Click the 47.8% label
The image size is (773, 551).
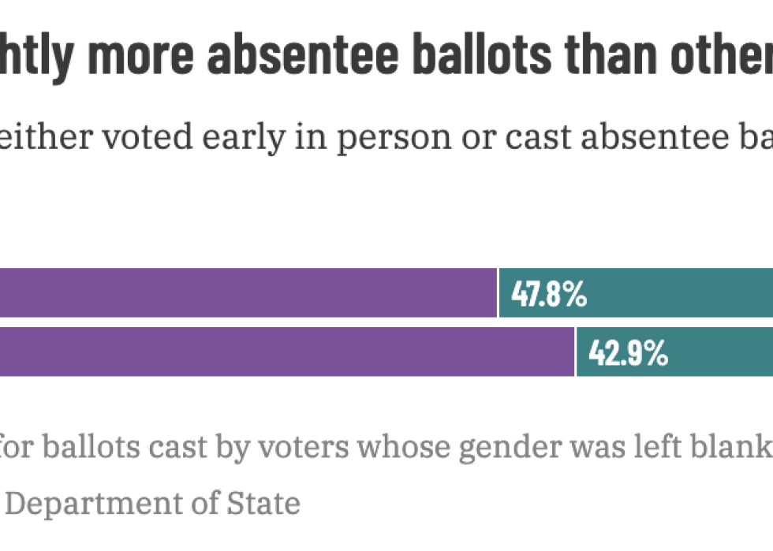[549, 294]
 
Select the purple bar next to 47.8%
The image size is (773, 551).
[248, 293]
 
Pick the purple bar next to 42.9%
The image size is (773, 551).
[287, 352]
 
